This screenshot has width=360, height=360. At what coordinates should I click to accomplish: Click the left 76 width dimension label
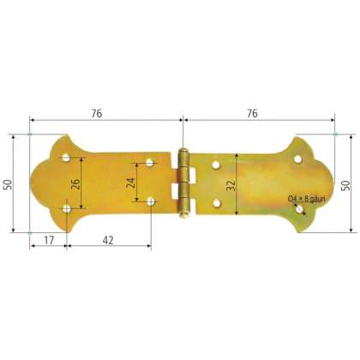click(105, 111)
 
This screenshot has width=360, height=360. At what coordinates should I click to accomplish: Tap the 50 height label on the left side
click(9, 183)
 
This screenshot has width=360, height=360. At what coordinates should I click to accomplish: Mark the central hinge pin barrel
click(183, 182)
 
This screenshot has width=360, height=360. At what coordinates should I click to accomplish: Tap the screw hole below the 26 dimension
click(68, 207)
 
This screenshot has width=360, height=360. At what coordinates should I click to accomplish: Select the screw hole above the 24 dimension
click(149, 162)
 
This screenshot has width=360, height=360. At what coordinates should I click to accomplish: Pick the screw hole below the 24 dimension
click(151, 201)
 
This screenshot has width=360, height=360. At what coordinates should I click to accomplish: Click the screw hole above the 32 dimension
click(215, 161)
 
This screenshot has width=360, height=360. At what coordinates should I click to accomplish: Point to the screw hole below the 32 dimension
click(215, 202)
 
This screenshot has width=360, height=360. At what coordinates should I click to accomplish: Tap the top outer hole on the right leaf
click(297, 159)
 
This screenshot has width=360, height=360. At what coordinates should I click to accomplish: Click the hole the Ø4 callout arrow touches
click(297, 206)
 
